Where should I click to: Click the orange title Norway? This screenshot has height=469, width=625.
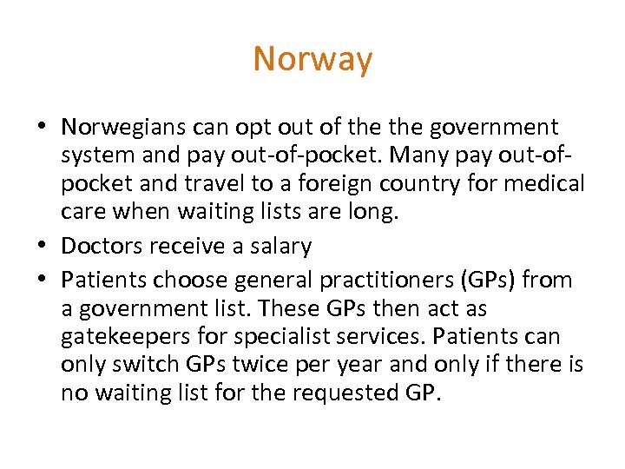pyautogui.click(x=312, y=59)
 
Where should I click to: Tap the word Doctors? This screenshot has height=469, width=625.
pyautogui.click(x=102, y=247)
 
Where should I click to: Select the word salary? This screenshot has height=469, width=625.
pyautogui.click(x=274, y=247)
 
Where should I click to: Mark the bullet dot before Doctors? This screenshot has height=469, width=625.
pyautogui.click(x=43, y=247)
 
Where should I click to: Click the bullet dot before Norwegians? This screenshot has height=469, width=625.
pyautogui.click(x=43, y=128)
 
